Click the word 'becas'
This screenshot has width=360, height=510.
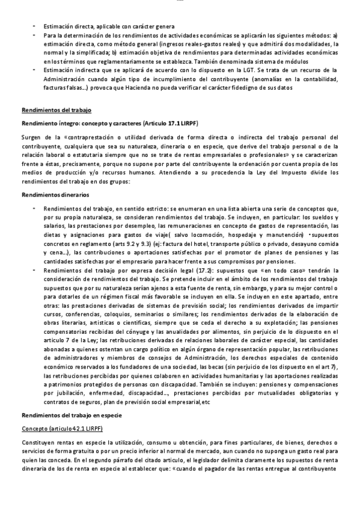click(x=238, y=366)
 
